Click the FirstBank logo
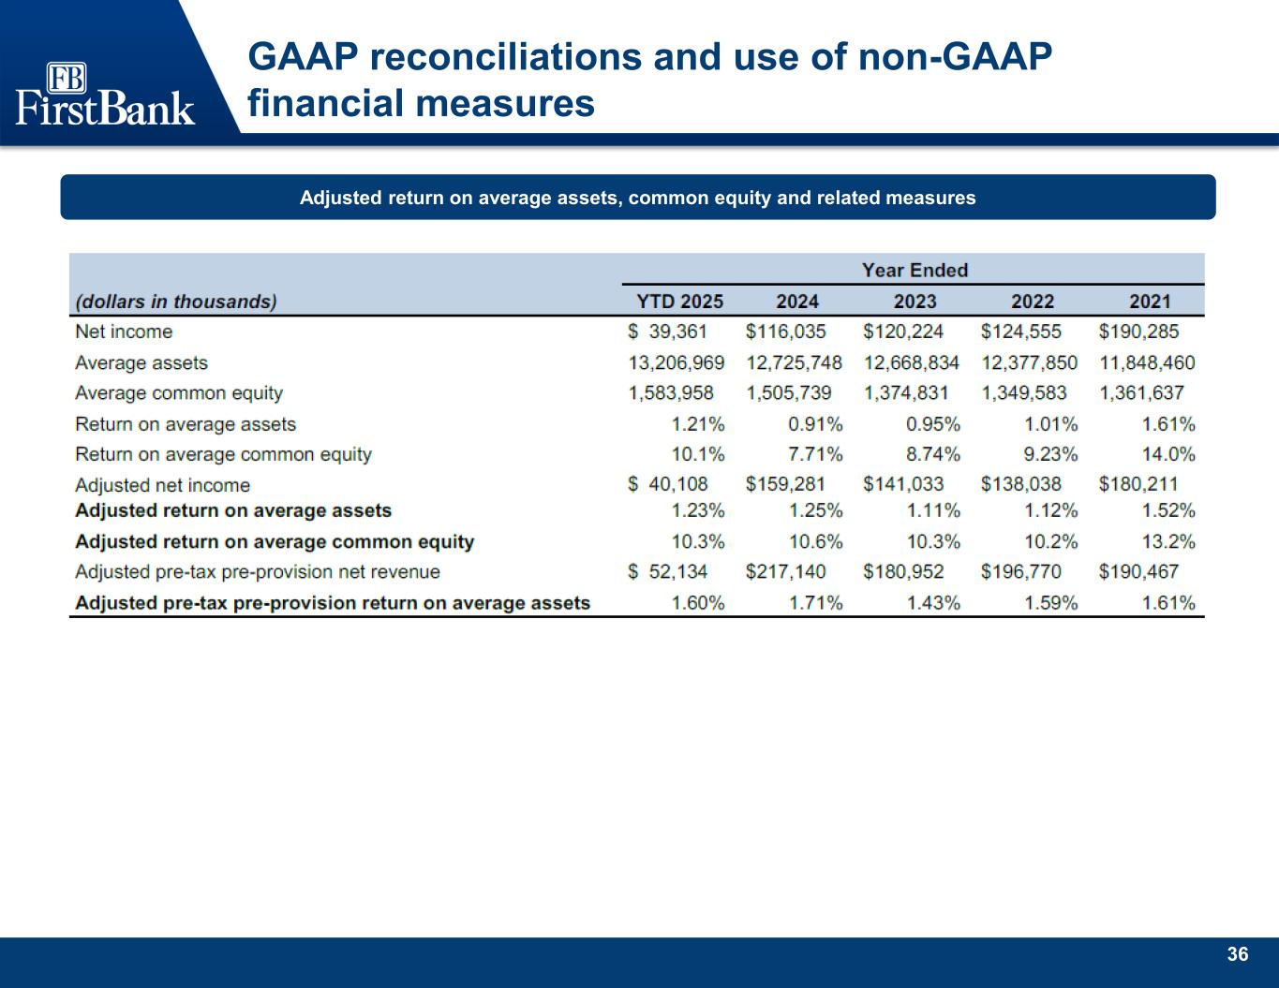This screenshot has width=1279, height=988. click(105, 94)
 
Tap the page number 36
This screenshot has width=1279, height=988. click(1237, 954)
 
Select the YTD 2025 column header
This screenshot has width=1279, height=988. click(680, 302)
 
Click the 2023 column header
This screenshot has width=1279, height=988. click(915, 302)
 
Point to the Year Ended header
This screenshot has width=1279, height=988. click(915, 271)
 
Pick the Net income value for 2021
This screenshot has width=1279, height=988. click(1138, 332)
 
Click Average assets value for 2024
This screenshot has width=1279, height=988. click(794, 362)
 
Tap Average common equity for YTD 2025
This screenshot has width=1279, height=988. click(671, 393)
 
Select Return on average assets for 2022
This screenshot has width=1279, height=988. click(1051, 424)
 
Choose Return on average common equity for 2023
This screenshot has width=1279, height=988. click(933, 454)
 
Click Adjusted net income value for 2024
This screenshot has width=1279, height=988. click(785, 484)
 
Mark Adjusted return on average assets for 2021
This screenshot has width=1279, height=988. click(1168, 510)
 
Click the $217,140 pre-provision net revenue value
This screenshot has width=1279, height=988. click(785, 571)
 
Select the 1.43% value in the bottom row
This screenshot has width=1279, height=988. click(933, 603)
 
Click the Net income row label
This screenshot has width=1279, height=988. click(124, 332)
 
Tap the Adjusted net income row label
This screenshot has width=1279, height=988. click(162, 485)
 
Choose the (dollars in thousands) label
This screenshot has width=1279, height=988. click(176, 302)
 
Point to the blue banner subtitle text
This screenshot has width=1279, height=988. click(637, 198)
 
